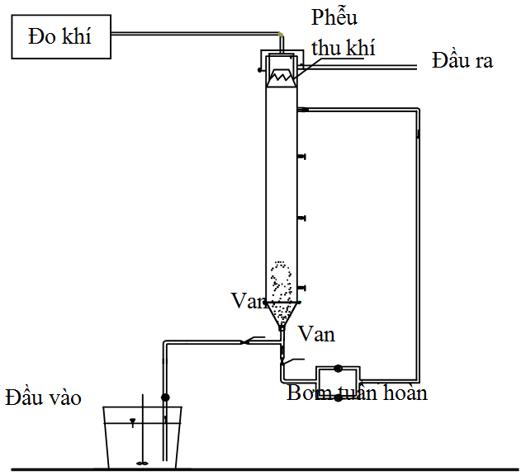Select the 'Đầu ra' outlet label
pyautogui.click(x=462, y=61)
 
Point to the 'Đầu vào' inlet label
pyautogui.click(x=43, y=397)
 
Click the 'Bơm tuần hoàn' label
pyautogui.click(x=357, y=393)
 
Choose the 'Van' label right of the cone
pyautogui.click(x=316, y=334)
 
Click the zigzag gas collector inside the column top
pyautogui.click(x=282, y=73)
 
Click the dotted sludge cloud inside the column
pyautogui.click(x=281, y=281)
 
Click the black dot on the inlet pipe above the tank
pyautogui.click(x=165, y=397)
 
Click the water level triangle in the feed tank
pyautogui.click(x=132, y=423)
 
